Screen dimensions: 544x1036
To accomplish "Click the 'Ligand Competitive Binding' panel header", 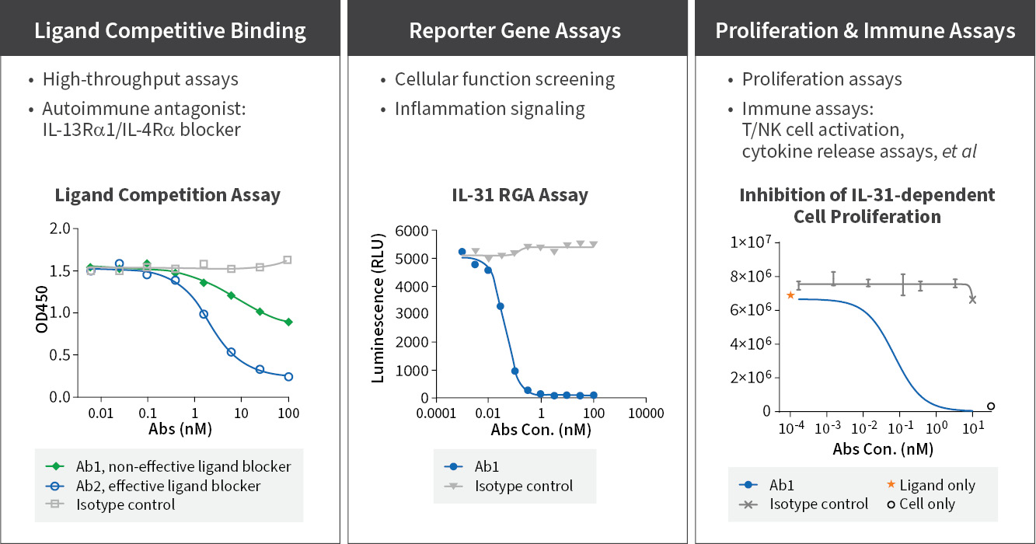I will coord(169,31).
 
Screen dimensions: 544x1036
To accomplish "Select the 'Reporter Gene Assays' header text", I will coord(515,31).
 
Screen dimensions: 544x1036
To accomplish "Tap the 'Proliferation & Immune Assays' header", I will coord(865,31).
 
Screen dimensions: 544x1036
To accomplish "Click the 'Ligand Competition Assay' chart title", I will coord(167,196).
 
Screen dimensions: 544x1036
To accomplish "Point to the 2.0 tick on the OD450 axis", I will coord(59,228).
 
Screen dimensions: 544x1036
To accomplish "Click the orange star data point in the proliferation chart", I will coord(790,295).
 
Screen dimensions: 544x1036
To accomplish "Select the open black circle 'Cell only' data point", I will coord(991,406).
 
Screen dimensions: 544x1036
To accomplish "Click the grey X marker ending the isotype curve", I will coord(972,299).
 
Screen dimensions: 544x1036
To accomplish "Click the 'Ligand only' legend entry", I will coord(937,486).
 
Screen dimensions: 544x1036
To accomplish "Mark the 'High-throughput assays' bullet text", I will coord(141,79).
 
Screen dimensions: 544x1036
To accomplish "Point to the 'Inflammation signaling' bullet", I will coord(490,109).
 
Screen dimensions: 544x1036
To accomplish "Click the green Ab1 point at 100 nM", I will coord(288,322).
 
